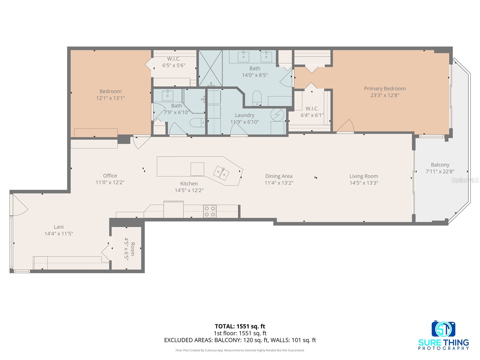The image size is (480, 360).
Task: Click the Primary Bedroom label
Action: coord(385,88)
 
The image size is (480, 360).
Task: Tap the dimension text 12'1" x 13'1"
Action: coord(110,98)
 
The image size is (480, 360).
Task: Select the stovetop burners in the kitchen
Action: coord(210,211)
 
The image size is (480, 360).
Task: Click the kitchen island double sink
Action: coord(221,173)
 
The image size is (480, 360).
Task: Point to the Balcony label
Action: coord(440,165)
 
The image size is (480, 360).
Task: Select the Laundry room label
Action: coord(244,115)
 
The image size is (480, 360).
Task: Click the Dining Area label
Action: coord(279,176)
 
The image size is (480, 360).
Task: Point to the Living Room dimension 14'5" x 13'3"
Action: coord(364,183)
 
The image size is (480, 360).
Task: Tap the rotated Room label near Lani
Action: coord(132,249)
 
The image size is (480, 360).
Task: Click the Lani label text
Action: coord(58,227)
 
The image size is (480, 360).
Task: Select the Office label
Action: coord(110,175)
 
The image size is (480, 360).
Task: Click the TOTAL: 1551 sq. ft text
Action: coord(240,326)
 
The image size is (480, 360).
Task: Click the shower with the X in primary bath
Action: coord(211,68)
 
